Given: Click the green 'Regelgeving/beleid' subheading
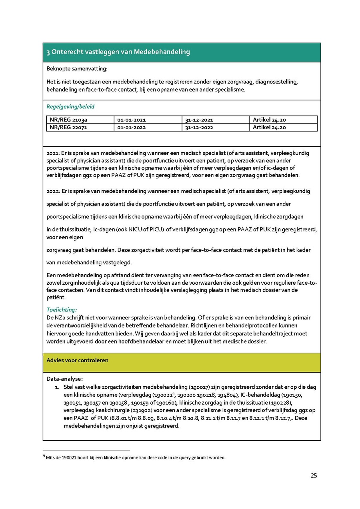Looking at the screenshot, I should [70, 107].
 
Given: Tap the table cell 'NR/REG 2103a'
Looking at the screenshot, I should [68, 120].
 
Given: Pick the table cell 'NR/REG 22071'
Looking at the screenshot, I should [68, 128].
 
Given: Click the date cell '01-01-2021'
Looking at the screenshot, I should [132, 120].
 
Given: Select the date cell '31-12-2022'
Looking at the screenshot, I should [199, 128].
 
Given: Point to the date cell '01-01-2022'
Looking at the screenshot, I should [132, 128].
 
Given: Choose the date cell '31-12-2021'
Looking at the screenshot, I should [199, 120].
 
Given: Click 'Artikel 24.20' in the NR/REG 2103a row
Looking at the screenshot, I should [269, 120].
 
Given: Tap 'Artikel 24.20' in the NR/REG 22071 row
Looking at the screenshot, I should [269, 128].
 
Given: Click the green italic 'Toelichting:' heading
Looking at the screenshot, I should [62, 309].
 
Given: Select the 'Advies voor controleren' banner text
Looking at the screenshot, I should [78, 360].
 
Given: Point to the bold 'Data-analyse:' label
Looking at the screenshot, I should [65, 379].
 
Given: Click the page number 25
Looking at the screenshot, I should [314, 475].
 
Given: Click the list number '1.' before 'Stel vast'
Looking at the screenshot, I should [57, 387].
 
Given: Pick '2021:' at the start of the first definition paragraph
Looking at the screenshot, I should [53, 153].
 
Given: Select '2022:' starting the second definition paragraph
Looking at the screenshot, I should [53, 191].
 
